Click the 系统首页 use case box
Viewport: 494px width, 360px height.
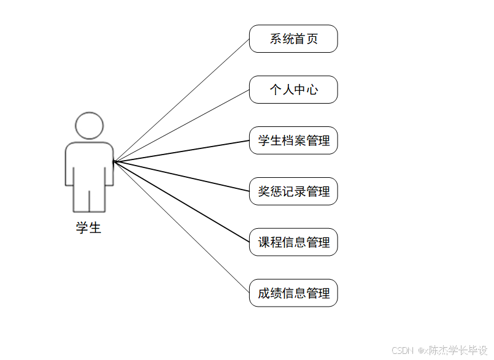tap(293, 39)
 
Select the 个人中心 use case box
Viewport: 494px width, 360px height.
tap(293, 90)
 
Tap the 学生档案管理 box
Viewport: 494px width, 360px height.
tap(293, 140)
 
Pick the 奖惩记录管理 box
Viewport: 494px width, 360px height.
tap(293, 191)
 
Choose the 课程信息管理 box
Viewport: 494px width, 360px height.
tap(293, 242)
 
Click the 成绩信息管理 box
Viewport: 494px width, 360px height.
tap(293, 293)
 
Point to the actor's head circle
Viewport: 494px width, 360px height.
tap(89, 126)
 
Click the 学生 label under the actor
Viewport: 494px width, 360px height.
tap(88, 228)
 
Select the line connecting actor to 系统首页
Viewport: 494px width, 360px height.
tap(182, 100)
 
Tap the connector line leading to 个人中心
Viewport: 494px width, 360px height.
tap(182, 126)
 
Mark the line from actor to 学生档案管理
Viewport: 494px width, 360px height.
tap(182, 151)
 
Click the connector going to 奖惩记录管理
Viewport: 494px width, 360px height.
tap(182, 177)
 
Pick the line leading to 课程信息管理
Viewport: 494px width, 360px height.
tap(182, 202)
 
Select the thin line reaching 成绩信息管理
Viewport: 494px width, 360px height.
tap(182, 227)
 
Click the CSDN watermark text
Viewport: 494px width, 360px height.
tap(402, 350)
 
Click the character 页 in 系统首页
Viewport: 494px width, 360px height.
tap(312, 39)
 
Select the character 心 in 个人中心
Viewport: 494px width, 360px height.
tap(312, 90)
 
